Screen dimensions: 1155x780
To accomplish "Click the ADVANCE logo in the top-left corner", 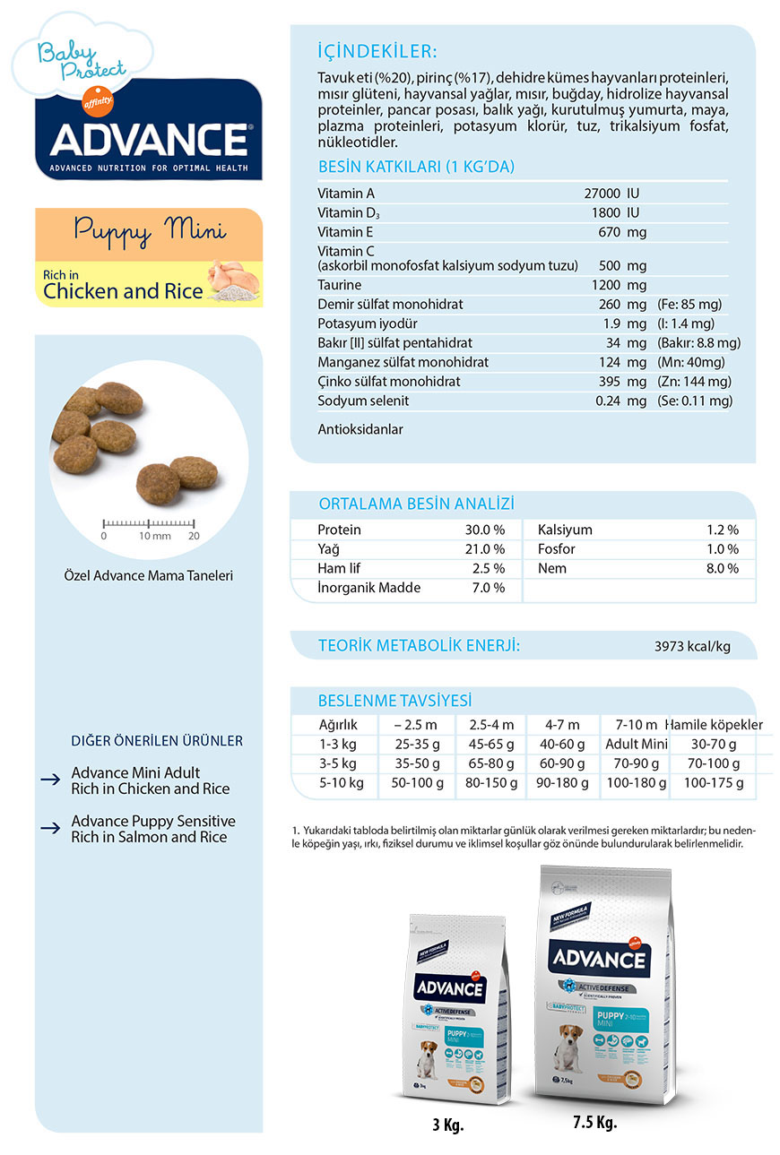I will pos(149,139).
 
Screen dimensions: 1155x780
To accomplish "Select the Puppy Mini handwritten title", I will pos(150,230).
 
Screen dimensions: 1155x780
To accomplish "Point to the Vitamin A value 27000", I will pos(602,194).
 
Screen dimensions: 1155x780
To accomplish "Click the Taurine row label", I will pos(340,285).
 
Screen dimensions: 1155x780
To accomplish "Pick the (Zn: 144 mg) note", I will pos(695,382).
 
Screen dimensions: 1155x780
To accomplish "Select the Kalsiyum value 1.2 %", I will pos(721,530).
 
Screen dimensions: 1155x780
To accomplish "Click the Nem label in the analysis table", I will pos(550,568).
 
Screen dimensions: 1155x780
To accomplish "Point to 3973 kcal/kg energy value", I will pos(692,647).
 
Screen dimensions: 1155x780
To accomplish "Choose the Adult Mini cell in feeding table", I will pos(636,744).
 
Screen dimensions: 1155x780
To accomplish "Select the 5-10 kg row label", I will pos(341,783).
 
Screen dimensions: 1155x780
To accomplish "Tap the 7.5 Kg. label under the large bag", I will pos(595,1122).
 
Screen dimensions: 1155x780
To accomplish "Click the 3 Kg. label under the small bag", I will pos(447,1125).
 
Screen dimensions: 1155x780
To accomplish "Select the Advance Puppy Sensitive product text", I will pos(152,829).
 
